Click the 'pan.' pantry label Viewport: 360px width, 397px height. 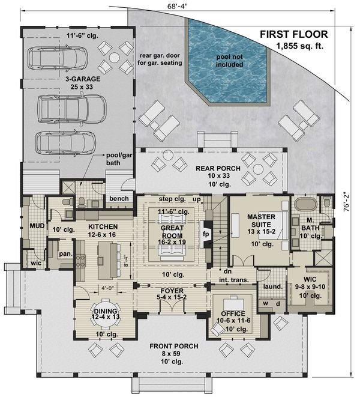point(65,253)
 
